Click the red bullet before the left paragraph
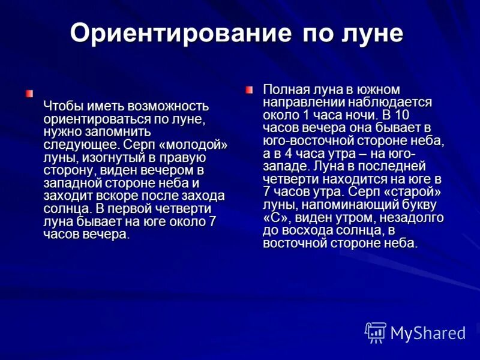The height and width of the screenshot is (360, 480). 29,93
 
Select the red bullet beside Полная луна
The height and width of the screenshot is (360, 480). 249,89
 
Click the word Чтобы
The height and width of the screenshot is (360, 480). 62,106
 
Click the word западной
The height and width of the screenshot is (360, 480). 73,183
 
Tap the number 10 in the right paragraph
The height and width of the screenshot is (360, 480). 403,115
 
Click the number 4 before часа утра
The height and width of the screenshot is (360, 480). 287,154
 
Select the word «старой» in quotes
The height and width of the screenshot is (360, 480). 419,192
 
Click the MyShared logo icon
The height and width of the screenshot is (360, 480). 376,332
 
